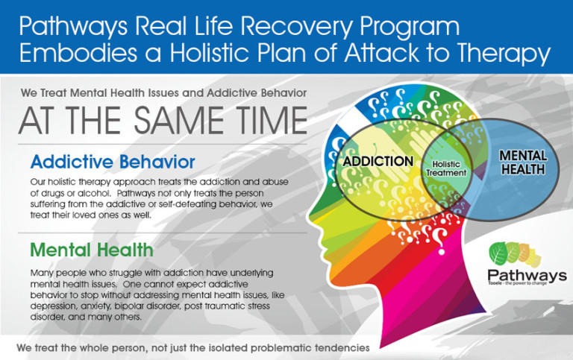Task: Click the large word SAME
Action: [x=179, y=120]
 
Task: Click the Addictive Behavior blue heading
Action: [x=113, y=162]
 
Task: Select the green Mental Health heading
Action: [x=92, y=250]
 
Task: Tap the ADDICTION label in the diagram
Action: [x=378, y=162]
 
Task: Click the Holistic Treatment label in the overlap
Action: [x=446, y=168]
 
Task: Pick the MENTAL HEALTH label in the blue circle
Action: [x=523, y=162]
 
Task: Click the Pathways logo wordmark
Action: [x=527, y=276]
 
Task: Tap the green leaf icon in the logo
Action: [x=498, y=253]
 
